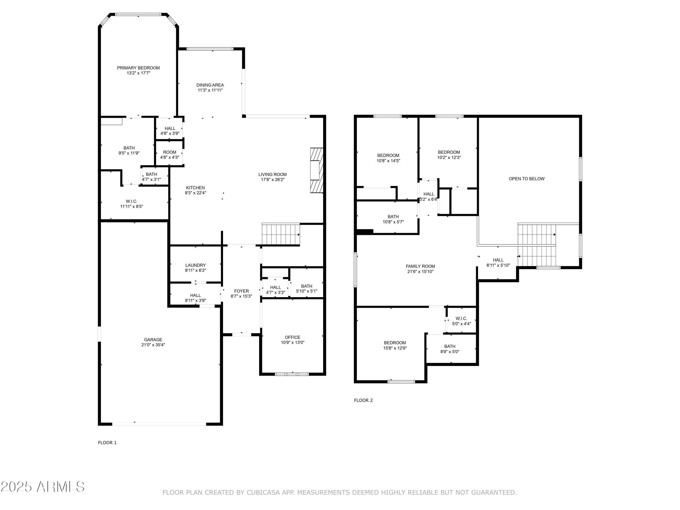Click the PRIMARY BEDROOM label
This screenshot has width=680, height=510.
coord(138,68)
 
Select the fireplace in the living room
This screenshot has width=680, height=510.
coord(316,170)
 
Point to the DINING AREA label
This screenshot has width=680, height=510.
coord(210,85)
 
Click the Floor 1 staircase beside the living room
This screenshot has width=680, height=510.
coord(280,234)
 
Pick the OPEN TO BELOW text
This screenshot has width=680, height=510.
coord(526,179)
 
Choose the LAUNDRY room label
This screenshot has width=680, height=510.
coord(196,265)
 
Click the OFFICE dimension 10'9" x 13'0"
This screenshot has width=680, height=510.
coord(292,342)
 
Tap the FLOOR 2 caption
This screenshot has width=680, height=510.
coord(363,400)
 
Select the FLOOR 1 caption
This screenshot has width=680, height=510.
coord(107,443)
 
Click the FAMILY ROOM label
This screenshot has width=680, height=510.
coord(420,266)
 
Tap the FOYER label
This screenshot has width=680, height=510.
coord(241,291)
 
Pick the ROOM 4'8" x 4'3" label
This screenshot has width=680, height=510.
coord(169,155)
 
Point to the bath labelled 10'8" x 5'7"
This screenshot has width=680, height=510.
coord(393,219)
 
